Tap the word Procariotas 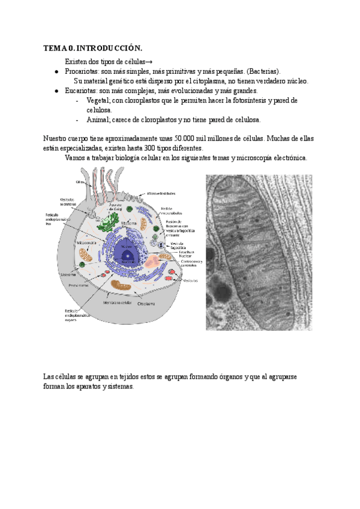click(82, 71)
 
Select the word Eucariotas click(82, 91)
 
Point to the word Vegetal click(98, 100)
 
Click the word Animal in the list click(98, 119)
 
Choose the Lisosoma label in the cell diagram click(68, 274)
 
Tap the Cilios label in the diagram click(79, 181)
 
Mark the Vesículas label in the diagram click(191, 280)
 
